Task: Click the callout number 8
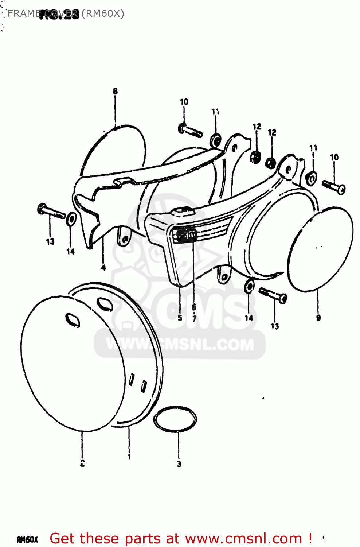(115, 91)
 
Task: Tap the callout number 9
(318, 318)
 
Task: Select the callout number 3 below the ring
(179, 464)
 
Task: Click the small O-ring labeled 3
(175, 419)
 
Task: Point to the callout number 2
(82, 463)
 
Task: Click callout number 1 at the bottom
(129, 456)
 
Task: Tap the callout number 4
(103, 268)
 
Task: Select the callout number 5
(180, 318)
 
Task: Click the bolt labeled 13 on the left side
(51, 211)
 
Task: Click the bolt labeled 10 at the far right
(334, 187)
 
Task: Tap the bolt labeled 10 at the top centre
(190, 130)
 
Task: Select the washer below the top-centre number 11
(216, 140)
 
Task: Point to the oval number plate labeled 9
(321, 249)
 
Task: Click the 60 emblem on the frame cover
(186, 235)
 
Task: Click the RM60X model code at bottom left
(27, 539)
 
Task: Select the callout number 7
(194, 318)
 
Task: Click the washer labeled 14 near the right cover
(249, 286)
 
